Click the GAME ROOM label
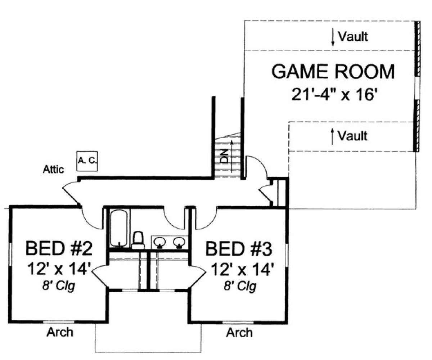333,71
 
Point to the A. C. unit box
87,161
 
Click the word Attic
53,170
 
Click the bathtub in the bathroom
118,228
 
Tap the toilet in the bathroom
138,240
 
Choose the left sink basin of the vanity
160,242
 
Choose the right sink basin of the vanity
179,242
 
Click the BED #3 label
239,249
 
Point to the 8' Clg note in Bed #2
59,286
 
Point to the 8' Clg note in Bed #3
240,286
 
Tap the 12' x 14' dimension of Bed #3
243,269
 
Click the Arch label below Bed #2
60,332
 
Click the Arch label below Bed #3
239,333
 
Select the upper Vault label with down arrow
353,36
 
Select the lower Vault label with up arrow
352,136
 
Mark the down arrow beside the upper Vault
333,37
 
